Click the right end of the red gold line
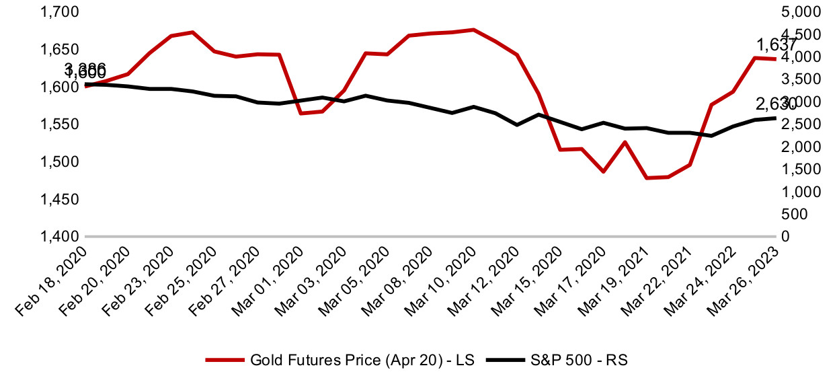click(776, 59)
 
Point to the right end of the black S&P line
click(776, 118)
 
